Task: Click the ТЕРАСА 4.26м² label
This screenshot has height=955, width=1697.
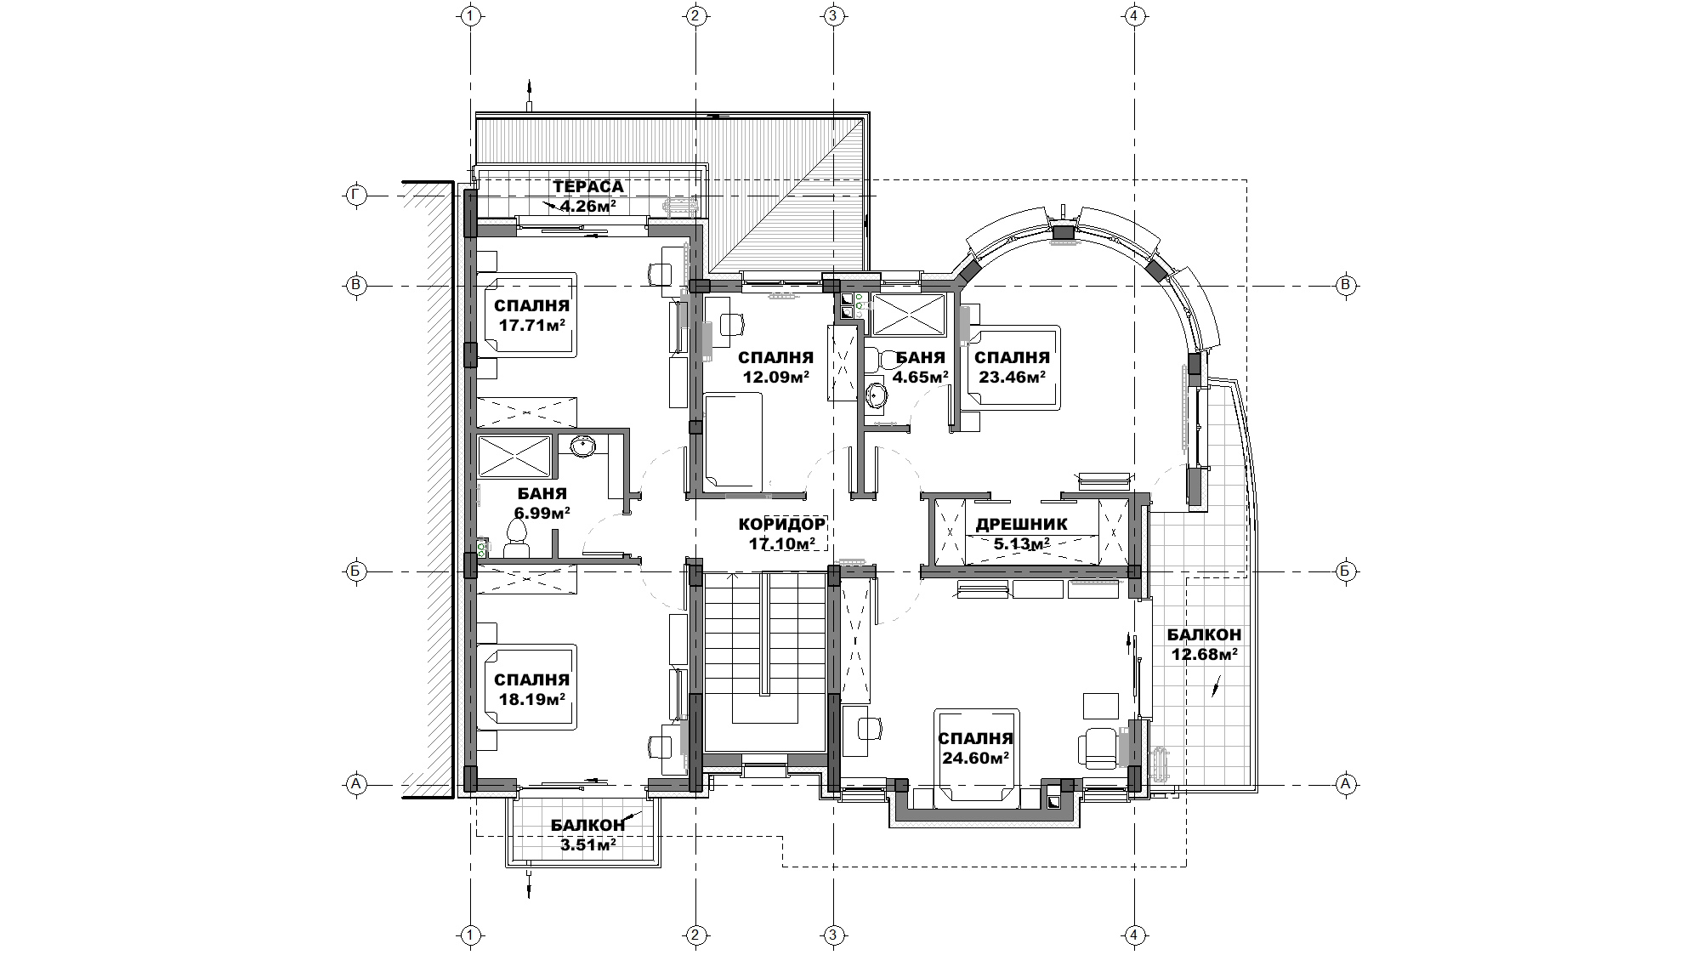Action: coord(587,196)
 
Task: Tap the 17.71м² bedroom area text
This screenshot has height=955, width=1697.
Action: coord(531,324)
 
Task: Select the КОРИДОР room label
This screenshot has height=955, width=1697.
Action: coord(782,525)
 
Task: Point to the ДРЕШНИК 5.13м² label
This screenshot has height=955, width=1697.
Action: coord(1021,534)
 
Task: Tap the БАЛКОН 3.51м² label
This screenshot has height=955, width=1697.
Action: coord(587,834)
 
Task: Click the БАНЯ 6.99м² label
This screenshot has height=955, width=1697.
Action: coord(542,503)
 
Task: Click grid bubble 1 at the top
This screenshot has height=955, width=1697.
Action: coord(470,16)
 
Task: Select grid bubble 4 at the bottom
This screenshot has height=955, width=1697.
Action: coord(1133,936)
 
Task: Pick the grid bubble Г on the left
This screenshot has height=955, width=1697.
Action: coord(356,196)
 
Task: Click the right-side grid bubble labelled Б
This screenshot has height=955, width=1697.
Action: coord(1345,571)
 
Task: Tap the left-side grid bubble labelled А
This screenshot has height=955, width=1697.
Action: coord(356,783)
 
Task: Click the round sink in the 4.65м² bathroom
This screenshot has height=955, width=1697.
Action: coord(877,395)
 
